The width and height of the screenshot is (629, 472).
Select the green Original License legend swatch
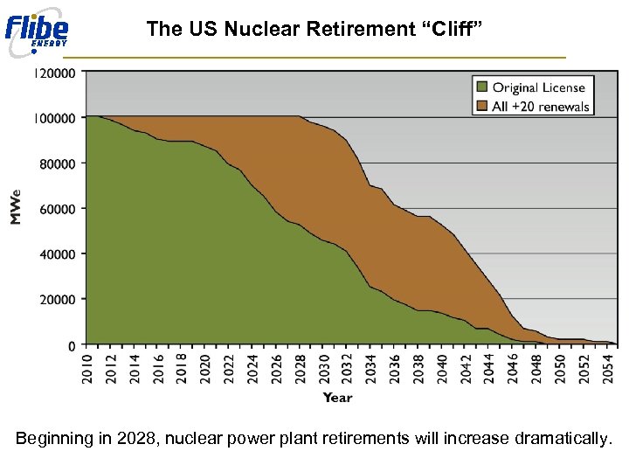click(x=481, y=87)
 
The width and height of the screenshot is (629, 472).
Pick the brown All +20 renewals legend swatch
click(x=481, y=107)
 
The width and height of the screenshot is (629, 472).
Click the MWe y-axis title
click(x=16, y=208)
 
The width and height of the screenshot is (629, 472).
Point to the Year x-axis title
click(x=337, y=398)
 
